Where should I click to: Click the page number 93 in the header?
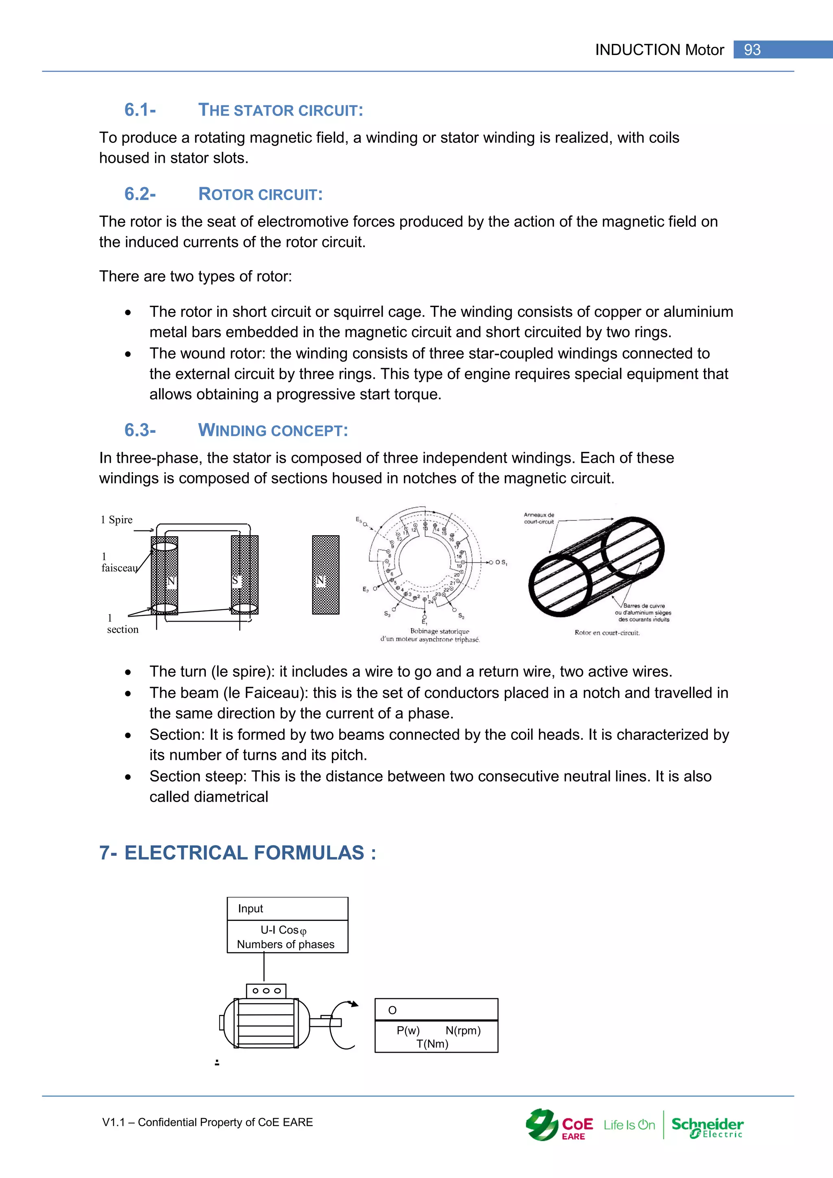click(x=752, y=50)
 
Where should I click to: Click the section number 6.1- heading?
click(x=140, y=110)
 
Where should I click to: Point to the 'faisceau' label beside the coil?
click(x=119, y=568)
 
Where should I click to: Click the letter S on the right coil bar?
click(x=236, y=580)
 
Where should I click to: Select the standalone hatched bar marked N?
click(x=326, y=575)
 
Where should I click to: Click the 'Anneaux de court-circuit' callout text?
click(x=539, y=518)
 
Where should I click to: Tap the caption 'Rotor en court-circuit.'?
click(x=607, y=633)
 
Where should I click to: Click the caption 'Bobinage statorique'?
click(x=440, y=631)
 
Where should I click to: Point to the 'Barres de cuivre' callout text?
click(x=644, y=606)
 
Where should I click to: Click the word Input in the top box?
click(x=250, y=909)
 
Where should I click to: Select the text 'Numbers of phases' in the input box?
click(x=285, y=945)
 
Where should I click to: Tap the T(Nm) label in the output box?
click(x=432, y=1044)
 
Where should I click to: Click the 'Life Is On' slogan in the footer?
click(x=629, y=1125)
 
